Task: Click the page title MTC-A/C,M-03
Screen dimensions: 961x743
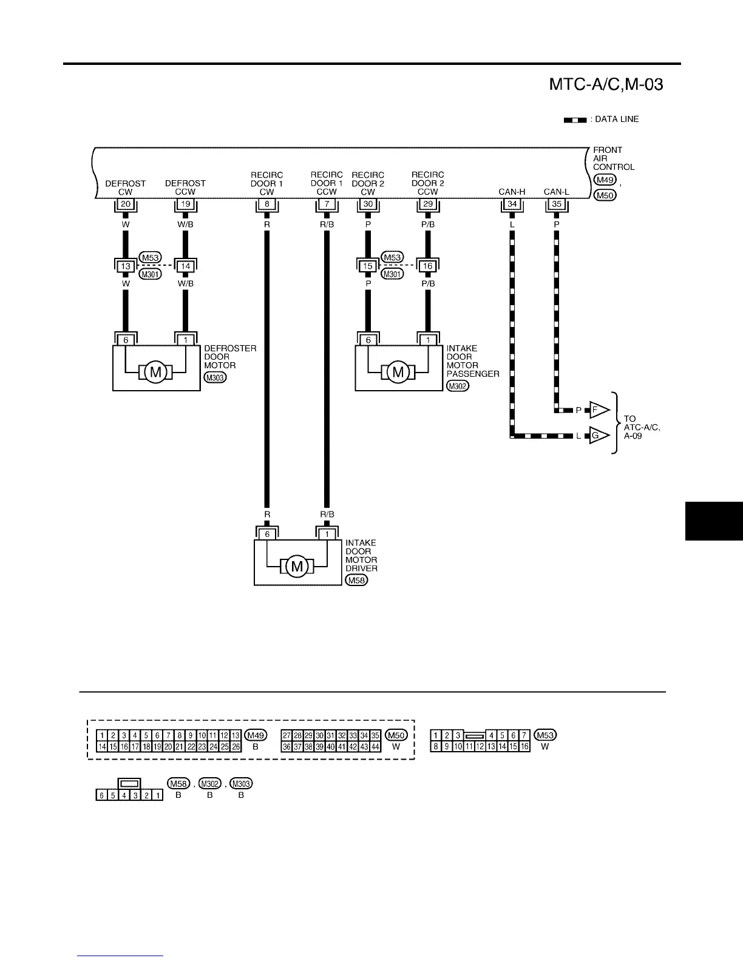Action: [x=605, y=85]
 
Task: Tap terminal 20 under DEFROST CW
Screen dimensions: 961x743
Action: [x=126, y=204]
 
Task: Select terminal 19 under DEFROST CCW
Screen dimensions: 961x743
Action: [x=186, y=204]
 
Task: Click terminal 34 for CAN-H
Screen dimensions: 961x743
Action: [x=512, y=204]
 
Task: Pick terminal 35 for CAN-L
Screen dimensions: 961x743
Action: [x=557, y=204]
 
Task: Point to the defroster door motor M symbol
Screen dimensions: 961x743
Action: [x=156, y=371]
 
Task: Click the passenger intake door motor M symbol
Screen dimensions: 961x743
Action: [x=398, y=371]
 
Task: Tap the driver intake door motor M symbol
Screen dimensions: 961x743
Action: [x=297, y=566]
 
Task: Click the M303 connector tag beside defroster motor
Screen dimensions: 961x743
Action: [x=215, y=378]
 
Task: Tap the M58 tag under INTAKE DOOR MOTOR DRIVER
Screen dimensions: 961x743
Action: [x=356, y=581]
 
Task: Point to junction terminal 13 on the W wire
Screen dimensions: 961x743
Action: [x=126, y=266]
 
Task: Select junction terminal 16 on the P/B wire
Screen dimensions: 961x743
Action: [x=428, y=266]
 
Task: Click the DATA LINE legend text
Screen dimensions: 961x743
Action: [x=616, y=120]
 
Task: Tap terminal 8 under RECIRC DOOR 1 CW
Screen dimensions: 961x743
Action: [x=267, y=204]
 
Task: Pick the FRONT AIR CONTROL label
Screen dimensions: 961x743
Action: [x=614, y=158]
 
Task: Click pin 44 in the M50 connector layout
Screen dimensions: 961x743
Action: [x=375, y=747]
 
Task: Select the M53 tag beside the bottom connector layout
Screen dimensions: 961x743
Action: [x=545, y=735]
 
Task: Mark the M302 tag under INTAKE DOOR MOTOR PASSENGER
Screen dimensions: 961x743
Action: [x=457, y=386]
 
